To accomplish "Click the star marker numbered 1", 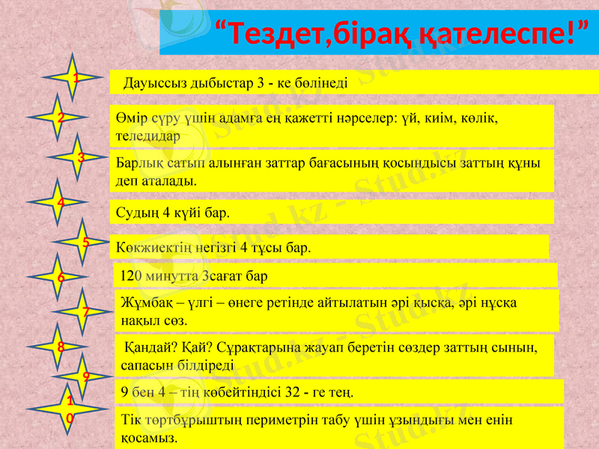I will [x=74, y=78].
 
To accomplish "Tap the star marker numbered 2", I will [x=60, y=117].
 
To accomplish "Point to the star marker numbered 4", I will [x=60, y=202].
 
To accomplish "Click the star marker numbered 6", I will [x=60, y=278].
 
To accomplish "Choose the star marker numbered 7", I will [x=86, y=311].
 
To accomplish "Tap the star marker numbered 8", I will [x=60, y=346].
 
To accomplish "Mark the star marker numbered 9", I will [x=86, y=376].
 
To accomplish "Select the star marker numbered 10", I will [x=70, y=407].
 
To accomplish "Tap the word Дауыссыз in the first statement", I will [x=150, y=82].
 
